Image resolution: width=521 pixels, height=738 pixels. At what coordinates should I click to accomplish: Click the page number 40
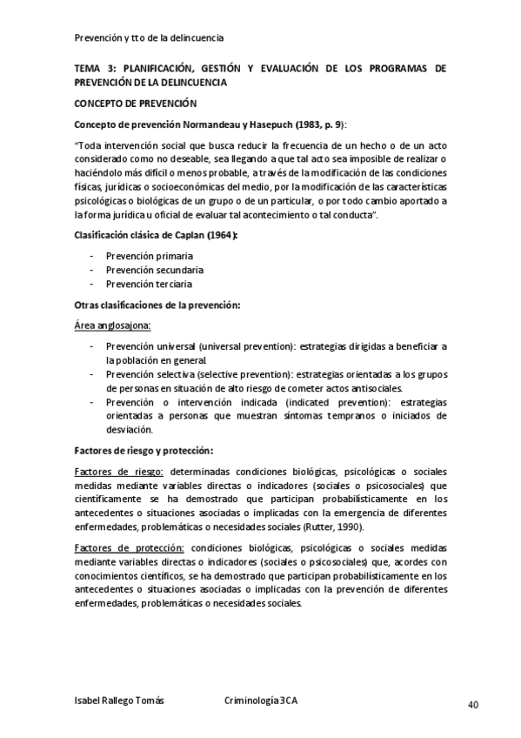[473, 705]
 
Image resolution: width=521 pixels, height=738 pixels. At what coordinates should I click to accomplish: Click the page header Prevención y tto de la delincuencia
[149, 37]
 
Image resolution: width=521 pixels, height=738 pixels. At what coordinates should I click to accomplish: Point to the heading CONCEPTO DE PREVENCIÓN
[129, 104]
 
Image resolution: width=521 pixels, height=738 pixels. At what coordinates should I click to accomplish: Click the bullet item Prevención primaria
[149, 256]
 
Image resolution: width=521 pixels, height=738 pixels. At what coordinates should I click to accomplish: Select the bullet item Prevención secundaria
[154, 270]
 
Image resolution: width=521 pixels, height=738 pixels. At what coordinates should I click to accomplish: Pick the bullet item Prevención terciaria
[149, 284]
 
